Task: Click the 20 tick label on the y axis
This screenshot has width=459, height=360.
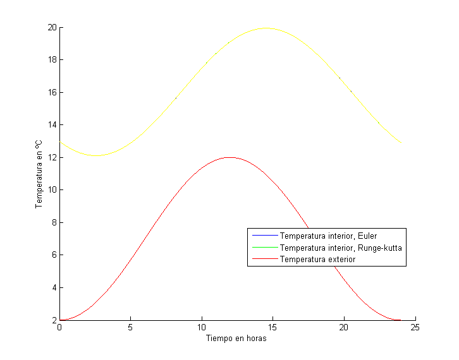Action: [52, 27]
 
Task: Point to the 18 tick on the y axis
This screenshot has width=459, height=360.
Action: [52, 60]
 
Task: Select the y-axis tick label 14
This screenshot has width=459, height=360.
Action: [52, 125]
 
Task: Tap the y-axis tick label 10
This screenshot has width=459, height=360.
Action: [52, 190]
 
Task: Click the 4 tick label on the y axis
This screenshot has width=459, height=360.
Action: [54, 287]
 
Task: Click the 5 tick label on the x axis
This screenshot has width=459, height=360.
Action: [130, 328]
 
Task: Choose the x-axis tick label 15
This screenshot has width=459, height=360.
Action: [272, 328]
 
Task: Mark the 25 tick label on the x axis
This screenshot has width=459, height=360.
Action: [415, 328]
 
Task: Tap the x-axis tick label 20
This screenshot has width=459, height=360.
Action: [344, 328]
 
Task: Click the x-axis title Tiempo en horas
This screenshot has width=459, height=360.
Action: [236, 339]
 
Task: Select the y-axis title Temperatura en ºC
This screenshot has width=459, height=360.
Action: [39, 174]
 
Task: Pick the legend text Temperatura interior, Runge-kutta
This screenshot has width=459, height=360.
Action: [341, 248]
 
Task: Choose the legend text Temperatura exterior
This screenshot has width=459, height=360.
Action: [317, 259]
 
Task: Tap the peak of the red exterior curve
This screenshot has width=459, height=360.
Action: [229, 157]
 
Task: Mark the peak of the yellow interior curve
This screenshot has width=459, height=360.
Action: [266, 28]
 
